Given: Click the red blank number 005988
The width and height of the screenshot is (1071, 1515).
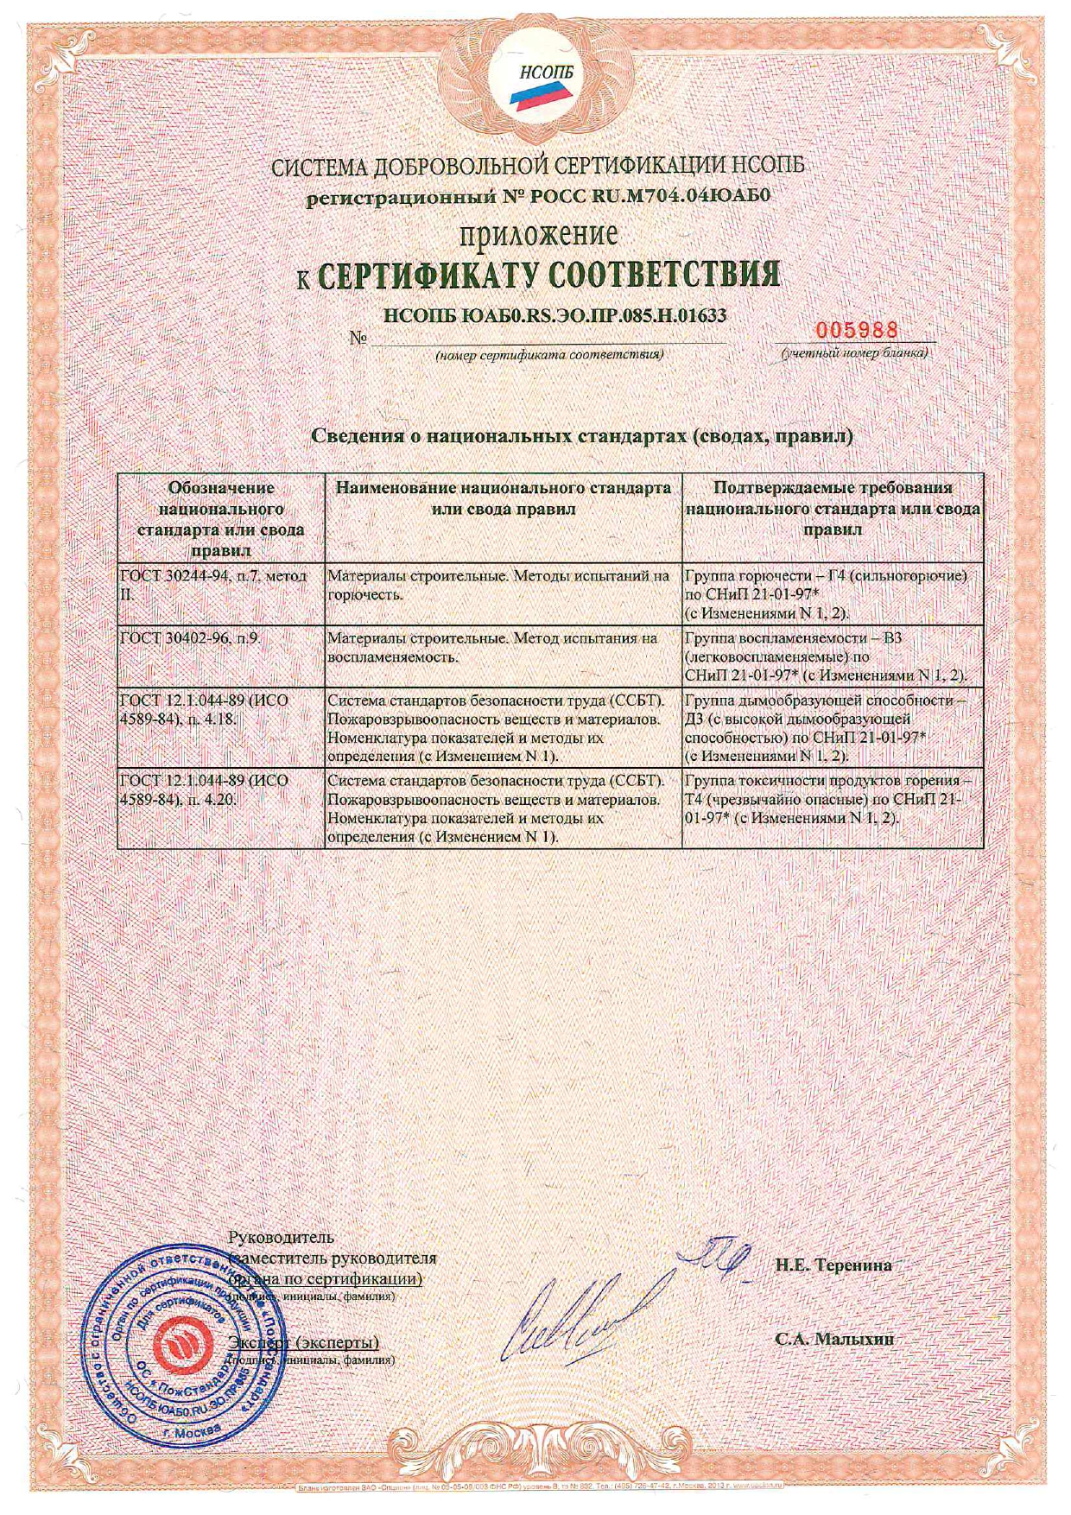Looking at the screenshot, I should pyautogui.click(x=857, y=330).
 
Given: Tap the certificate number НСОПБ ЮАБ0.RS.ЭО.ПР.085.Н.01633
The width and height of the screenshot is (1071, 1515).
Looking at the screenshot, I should pyautogui.click(x=554, y=315).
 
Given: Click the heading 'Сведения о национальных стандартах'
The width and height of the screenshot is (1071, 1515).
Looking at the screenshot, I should pyautogui.click(x=581, y=435).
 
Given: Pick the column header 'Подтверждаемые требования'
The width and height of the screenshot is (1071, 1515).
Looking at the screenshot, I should pyautogui.click(x=833, y=509).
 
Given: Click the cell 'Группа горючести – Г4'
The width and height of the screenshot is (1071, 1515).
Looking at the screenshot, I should pyautogui.click(x=833, y=593).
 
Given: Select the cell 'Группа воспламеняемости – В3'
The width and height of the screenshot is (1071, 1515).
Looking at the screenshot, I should pyautogui.click(x=833, y=656).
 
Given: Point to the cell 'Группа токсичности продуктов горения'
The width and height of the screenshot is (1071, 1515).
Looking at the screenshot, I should pyautogui.click(x=833, y=799).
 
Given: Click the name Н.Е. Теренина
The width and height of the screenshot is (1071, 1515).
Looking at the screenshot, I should pyautogui.click(x=833, y=1265).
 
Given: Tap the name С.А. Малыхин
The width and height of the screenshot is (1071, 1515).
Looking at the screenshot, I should pyautogui.click(x=833, y=1340).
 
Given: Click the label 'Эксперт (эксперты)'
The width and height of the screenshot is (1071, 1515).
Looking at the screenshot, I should pyautogui.click(x=304, y=1343).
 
